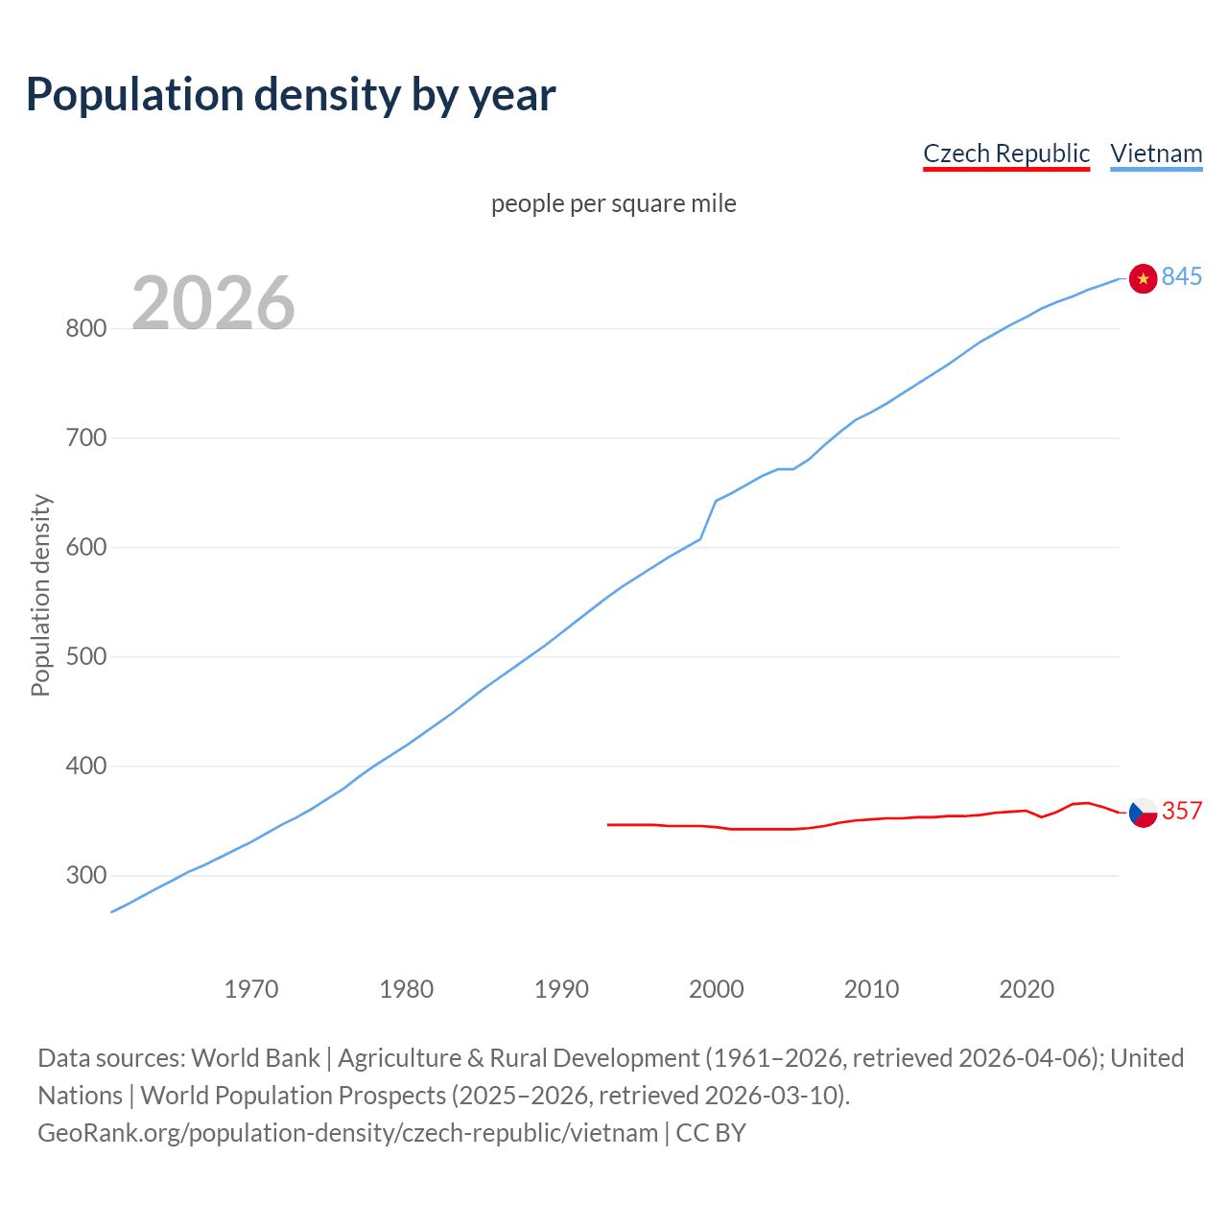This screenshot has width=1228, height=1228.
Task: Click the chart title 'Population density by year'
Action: [291, 94]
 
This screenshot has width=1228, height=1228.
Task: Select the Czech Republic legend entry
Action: [1005, 153]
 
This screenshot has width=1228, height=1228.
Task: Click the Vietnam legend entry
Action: [1155, 153]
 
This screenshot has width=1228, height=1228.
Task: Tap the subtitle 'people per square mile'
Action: [613, 203]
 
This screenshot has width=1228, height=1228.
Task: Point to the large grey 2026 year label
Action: [213, 303]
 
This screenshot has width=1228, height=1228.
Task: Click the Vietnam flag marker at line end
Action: [1143, 278]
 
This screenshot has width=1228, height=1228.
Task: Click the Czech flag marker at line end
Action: [1143, 813]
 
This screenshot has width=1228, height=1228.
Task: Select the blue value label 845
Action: [1181, 276]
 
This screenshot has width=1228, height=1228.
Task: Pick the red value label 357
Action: [1181, 811]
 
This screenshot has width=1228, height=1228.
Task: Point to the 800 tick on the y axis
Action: [85, 328]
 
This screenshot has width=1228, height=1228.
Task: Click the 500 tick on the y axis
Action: [85, 657]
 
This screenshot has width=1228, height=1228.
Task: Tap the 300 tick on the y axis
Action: [85, 876]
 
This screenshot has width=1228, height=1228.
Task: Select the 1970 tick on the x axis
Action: [251, 988]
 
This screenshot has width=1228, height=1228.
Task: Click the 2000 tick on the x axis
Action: [716, 988]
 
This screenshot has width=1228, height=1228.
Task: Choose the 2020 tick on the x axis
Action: [1027, 988]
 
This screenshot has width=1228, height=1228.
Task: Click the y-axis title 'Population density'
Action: [40, 595]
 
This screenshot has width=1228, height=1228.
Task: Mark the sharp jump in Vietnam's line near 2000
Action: [708, 519]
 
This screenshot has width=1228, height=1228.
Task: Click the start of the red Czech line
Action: [608, 824]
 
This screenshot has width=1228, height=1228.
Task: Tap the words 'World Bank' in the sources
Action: [255, 1057]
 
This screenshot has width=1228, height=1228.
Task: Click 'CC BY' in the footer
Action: [711, 1132]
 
